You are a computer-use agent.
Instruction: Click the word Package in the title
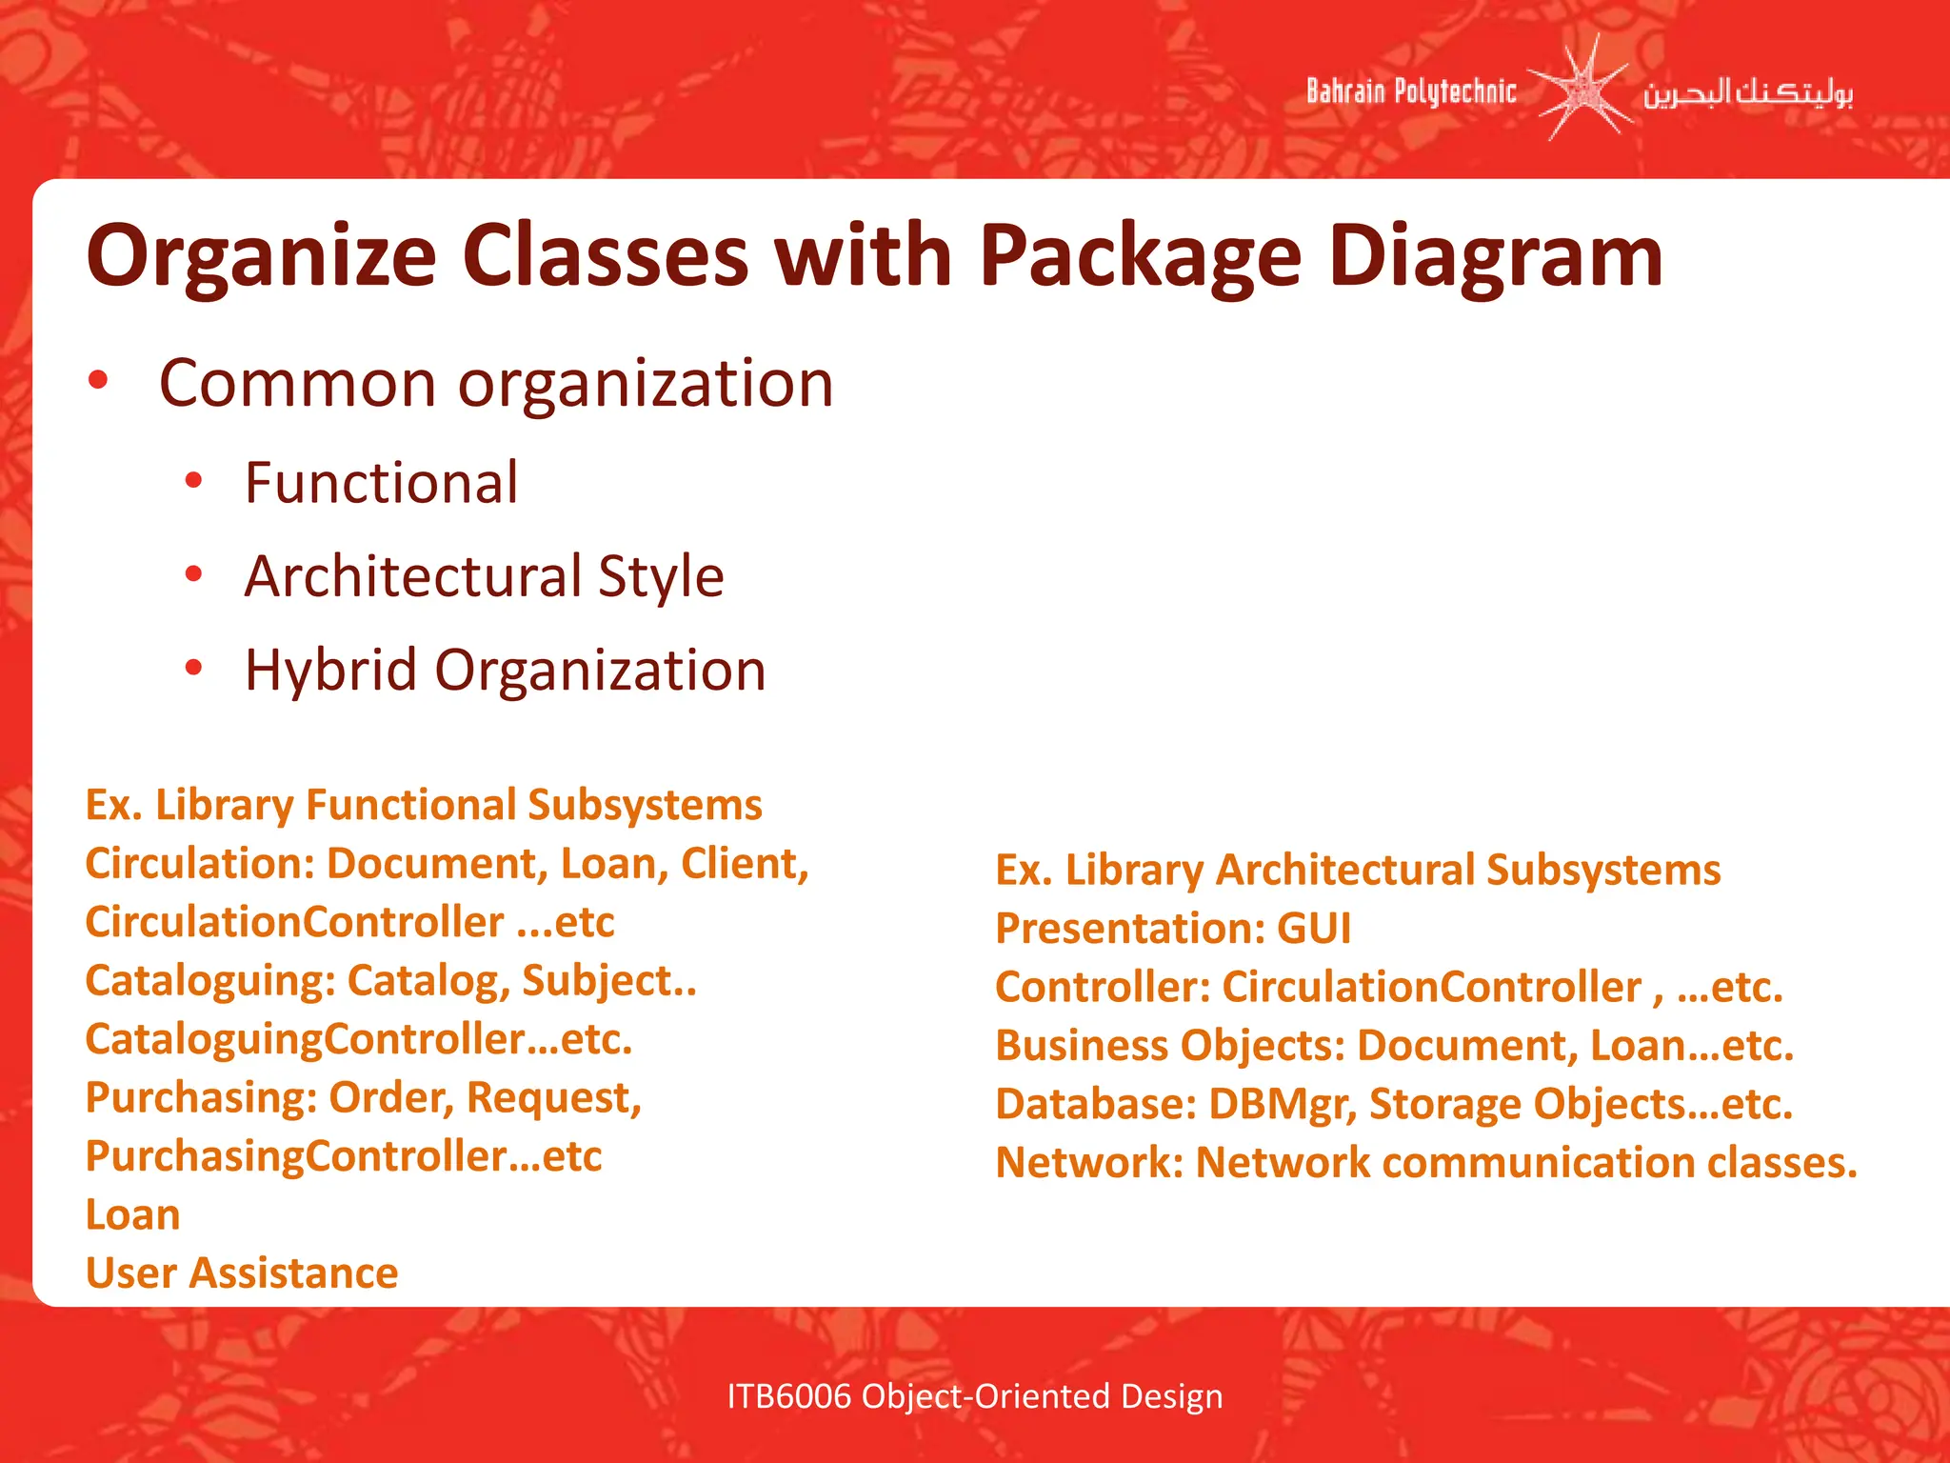coord(1140,257)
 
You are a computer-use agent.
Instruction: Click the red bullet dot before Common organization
coord(98,381)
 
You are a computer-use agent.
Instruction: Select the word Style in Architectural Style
coord(661,576)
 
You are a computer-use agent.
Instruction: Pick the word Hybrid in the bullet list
coord(330,670)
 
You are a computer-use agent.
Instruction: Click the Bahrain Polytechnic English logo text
coord(1410,91)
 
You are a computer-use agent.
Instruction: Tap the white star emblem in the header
coord(1580,90)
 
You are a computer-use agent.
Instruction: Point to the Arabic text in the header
coord(1747,93)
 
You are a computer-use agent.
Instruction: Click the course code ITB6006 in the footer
coord(788,1396)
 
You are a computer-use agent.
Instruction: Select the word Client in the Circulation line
coord(744,864)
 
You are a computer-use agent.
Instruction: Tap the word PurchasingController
coord(309,1156)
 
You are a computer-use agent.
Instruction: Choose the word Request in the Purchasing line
coord(553,1098)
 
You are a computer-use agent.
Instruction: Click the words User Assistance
coord(242,1273)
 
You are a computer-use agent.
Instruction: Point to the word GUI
coord(1313,929)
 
